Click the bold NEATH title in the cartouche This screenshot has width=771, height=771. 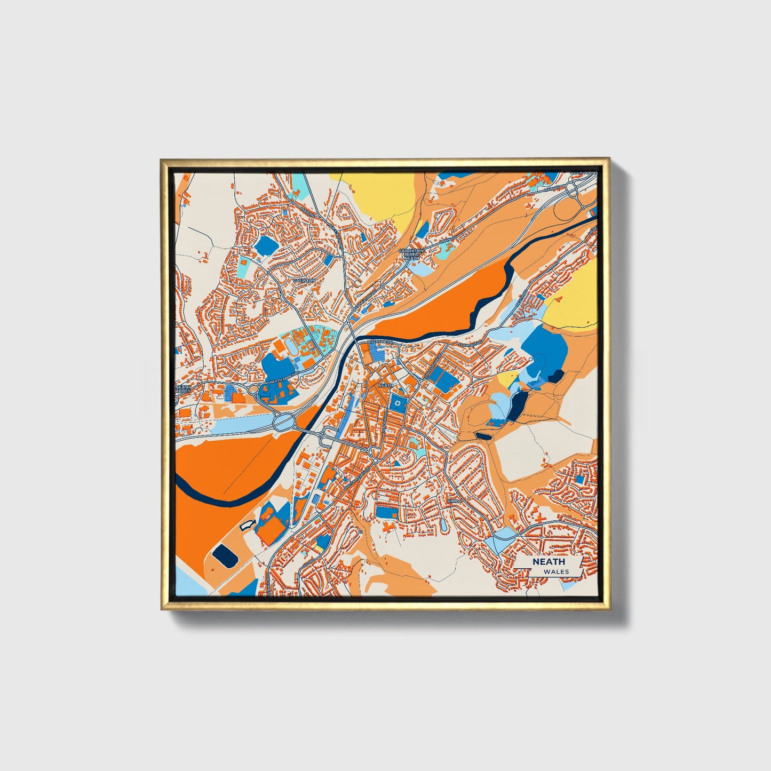548,561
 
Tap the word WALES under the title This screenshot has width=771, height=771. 557,571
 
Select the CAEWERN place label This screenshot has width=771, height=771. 305,280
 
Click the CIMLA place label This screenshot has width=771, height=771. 454,501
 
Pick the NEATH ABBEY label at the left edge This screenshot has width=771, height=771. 182,390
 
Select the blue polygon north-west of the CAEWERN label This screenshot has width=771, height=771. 265,245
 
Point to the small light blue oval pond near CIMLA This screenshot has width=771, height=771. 444,525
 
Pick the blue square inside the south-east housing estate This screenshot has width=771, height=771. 579,479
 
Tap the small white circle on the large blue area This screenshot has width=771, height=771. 531,360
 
